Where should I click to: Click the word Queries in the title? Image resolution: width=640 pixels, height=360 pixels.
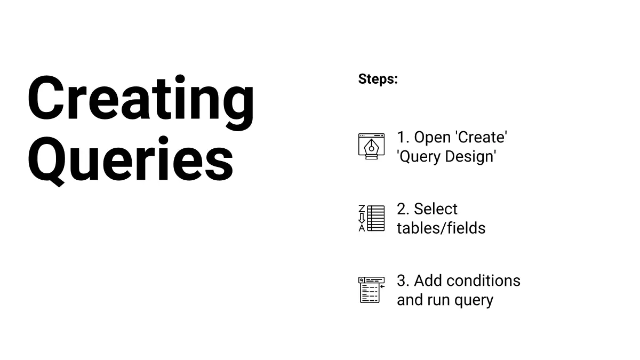point(130,161)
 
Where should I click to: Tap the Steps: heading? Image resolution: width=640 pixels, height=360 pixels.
point(378,79)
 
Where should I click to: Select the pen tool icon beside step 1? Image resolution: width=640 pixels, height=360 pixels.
point(371,146)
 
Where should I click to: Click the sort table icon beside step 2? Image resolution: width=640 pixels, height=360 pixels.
point(371,218)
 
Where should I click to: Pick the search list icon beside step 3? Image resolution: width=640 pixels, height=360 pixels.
point(371,290)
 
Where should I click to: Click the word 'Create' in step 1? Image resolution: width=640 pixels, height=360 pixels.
point(482,137)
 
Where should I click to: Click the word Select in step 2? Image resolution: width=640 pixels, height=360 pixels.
point(435,209)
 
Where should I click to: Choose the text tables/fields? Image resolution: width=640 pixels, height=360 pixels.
point(441,228)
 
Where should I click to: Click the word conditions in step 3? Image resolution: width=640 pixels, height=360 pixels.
point(483,281)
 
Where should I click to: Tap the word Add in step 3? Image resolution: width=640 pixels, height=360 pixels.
point(428,281)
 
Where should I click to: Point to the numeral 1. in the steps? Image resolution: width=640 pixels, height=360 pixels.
point(403,138)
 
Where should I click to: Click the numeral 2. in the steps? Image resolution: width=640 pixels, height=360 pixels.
point(403,209)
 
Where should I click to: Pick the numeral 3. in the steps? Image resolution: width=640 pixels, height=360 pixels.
point(403,281)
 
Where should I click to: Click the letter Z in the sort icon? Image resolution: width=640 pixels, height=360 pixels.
point(362,209)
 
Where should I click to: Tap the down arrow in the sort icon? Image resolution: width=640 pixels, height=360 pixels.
point(362,218)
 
